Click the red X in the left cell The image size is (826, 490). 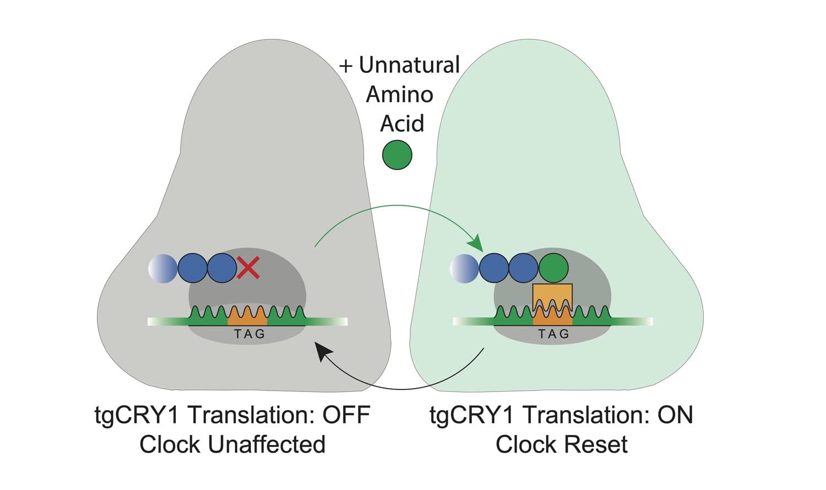point(248,269)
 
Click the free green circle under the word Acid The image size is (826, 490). point(397,155)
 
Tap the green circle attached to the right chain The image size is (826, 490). point(553,268)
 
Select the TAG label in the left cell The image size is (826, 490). point(249,334)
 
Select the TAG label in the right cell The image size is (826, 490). point(553,334)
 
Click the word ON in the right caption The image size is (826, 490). point(675,415)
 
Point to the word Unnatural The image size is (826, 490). point(409,65)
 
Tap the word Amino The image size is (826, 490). point(400,95)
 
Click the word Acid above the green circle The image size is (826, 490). point(402,123)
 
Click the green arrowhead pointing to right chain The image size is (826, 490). point(475,242)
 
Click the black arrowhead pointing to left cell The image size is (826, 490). point(324,351)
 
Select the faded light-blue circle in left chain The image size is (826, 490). point(162,269)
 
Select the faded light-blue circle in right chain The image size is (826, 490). point(464,269)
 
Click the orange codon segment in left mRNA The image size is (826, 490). point(247,316)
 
